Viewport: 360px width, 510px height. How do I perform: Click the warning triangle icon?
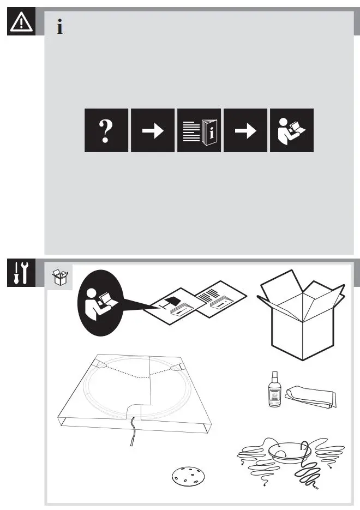pos(21,21)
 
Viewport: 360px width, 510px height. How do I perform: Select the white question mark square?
pos(106,130)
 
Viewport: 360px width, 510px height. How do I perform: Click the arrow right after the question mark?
pos(153,130)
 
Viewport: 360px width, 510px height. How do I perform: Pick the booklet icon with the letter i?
pos(199,130)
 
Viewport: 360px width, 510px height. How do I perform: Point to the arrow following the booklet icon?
pos(245,130)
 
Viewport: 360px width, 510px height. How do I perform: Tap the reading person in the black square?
pos(292,130)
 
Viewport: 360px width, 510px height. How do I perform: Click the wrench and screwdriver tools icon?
pos(21,273)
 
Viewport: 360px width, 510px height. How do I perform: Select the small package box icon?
pos(59,278)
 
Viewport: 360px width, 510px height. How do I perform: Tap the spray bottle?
pos(274,391)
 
